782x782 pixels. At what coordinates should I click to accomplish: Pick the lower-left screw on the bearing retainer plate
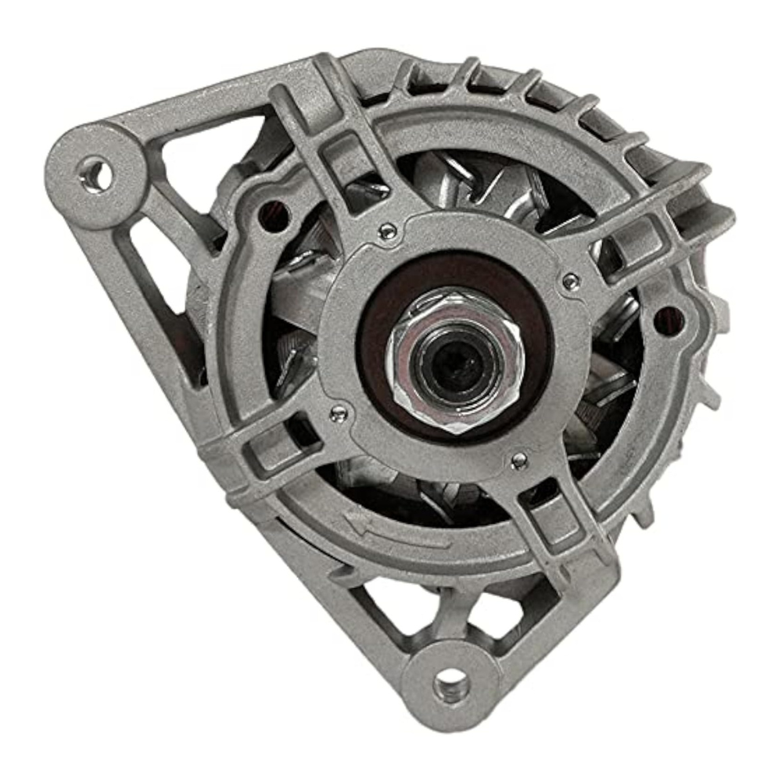[x=337, y=413]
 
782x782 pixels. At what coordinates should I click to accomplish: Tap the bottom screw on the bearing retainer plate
[x=518, y=461]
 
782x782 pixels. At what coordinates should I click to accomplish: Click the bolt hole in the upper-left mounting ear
[x=95, y=174]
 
